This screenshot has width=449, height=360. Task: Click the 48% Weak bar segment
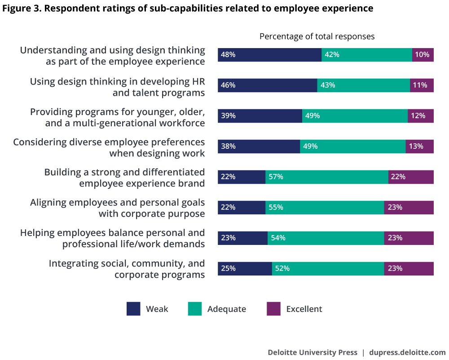point(269,55)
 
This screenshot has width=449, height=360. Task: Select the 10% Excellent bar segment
point(423,55)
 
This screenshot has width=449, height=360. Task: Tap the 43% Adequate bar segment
point(363,85)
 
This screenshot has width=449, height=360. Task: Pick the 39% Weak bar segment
point(260,116)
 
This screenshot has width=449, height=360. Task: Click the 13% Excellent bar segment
point(419,147)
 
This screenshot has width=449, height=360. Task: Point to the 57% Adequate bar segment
point(326,177)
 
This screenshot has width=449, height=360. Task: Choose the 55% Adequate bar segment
point(324,208)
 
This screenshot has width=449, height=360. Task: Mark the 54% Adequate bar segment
point(326,238)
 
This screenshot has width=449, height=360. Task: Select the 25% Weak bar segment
point(245,269)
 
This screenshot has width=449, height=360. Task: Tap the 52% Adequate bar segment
point(328,269)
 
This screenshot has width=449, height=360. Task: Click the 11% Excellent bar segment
point(422,85)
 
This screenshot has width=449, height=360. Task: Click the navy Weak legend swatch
point(133,309)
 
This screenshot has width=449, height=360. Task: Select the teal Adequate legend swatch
point(195,309)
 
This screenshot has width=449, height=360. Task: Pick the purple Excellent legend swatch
point(273,309)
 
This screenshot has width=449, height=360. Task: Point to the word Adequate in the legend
point(226,309)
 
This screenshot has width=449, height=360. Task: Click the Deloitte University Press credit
point(313,352)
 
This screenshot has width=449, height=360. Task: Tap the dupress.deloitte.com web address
point(407,352)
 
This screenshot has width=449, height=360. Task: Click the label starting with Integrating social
point(127,269)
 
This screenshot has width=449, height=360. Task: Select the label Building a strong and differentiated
point(124,178)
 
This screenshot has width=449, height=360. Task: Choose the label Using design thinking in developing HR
point(117,87)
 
